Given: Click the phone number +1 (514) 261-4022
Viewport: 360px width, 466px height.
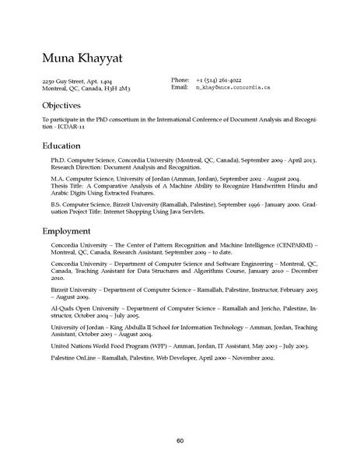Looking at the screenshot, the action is coord(218,81).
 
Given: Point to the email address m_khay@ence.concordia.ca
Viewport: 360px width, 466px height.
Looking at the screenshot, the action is coord(232,89).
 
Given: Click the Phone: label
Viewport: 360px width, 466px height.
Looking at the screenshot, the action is coord(180,81).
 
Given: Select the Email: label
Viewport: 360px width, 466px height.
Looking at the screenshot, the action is coord(180,89).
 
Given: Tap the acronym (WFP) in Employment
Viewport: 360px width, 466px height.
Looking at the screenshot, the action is coord(149,345).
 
